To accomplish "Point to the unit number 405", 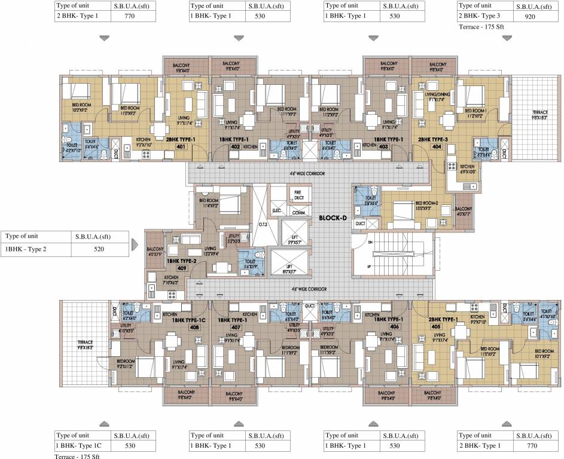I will [x=435, y=326].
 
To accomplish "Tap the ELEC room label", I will [x=277, y=211].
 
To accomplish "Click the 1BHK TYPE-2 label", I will [x=181, y=261].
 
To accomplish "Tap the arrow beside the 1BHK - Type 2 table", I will [x=135, y=243].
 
